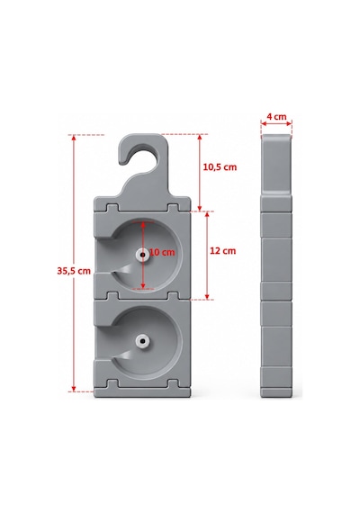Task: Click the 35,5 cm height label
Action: point(74,271)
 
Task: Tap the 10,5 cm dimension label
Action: point(220,167)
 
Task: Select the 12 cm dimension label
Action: point(223,251)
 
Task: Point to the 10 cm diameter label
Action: point(162,252)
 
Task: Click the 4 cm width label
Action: point(276,116)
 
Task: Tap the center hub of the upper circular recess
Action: point(143,255)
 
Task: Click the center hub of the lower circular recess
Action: point(143,341)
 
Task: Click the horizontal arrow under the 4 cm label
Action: point(276,123)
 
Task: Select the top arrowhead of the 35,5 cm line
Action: point(74,138)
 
